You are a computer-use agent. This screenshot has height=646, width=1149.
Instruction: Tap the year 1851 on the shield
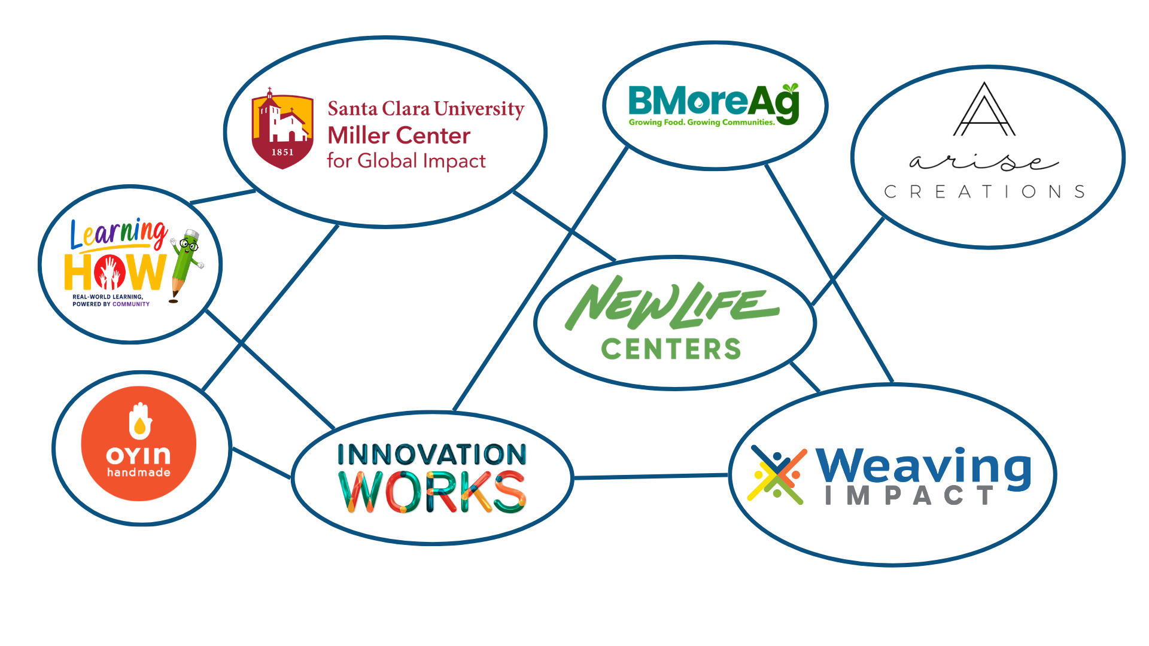(282, 153)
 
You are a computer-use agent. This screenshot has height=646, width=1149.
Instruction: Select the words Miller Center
(399, 136)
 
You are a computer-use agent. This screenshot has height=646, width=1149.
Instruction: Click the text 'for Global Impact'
(406, 161)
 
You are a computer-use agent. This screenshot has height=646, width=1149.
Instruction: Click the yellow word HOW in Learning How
(115, 272)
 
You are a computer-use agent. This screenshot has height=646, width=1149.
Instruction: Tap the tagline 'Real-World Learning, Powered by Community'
(111, 300)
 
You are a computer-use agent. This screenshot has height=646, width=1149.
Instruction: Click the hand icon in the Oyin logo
(140, 420)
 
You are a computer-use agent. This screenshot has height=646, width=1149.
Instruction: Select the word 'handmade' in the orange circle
(139, 473)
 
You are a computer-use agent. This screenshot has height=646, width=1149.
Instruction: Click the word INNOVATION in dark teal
(432, 455)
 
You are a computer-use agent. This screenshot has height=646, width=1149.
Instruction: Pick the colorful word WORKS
(432, 492)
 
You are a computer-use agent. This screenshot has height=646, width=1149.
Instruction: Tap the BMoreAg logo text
(714, 102)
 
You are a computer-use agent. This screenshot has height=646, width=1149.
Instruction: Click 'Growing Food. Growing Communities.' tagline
(701, 123)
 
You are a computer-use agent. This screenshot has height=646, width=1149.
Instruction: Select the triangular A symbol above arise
(984, 109)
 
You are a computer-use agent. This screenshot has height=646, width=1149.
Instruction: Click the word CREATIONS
(984, 191)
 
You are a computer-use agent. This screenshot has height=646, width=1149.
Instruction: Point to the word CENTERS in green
(671, 349)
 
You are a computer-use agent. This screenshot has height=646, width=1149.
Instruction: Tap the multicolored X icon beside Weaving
(777, 475)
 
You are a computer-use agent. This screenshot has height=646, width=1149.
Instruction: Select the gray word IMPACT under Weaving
(910, 495)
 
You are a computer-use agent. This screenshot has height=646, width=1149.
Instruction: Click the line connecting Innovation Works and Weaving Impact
(651, 477)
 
